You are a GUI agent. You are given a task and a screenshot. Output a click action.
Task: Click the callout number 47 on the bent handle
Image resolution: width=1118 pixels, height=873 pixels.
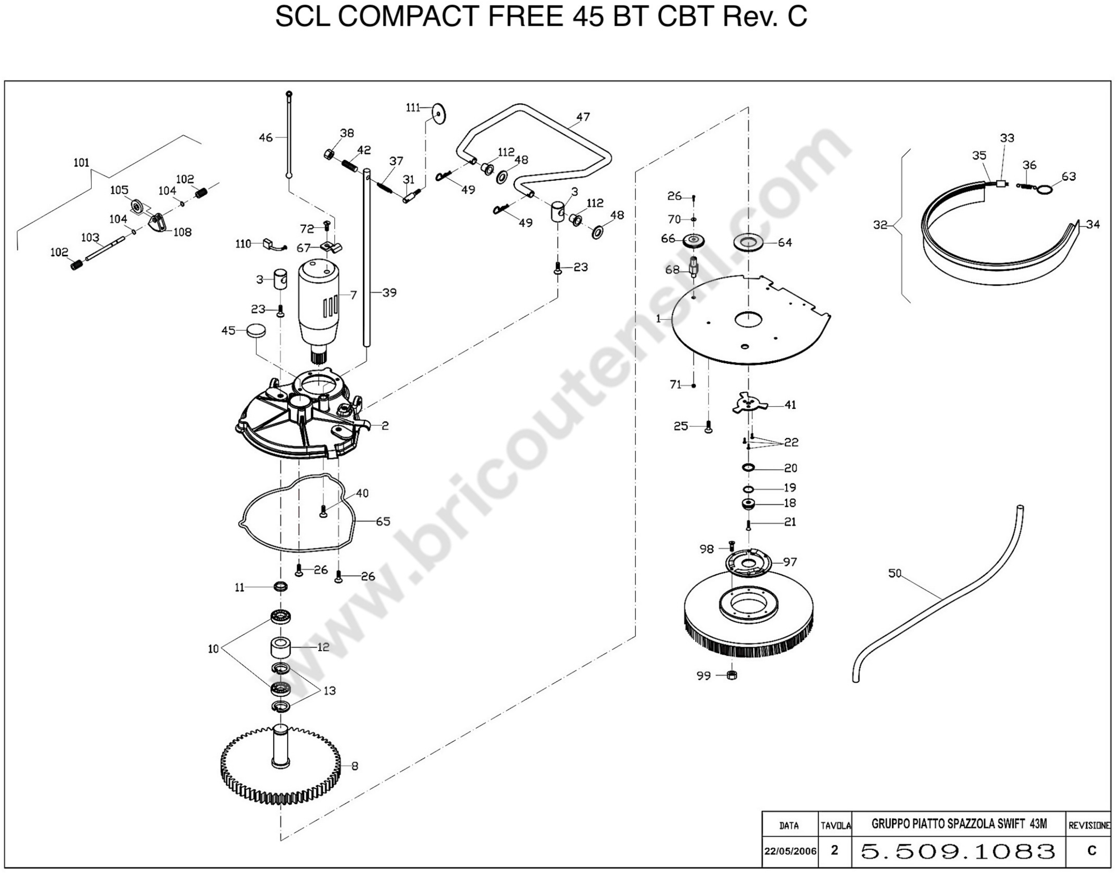[583, 117]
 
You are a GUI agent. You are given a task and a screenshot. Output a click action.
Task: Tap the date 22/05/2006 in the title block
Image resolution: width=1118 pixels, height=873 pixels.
[790, 851]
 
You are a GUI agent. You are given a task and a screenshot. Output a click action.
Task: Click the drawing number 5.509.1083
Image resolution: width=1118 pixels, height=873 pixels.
[958, 851]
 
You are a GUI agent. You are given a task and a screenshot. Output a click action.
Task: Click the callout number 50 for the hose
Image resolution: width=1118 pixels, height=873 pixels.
[895, 573]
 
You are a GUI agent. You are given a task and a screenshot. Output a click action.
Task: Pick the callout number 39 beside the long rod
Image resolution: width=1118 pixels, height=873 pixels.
[390, 293]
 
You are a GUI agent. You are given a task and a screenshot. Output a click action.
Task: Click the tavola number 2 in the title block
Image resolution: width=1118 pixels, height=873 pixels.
[835, 850]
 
